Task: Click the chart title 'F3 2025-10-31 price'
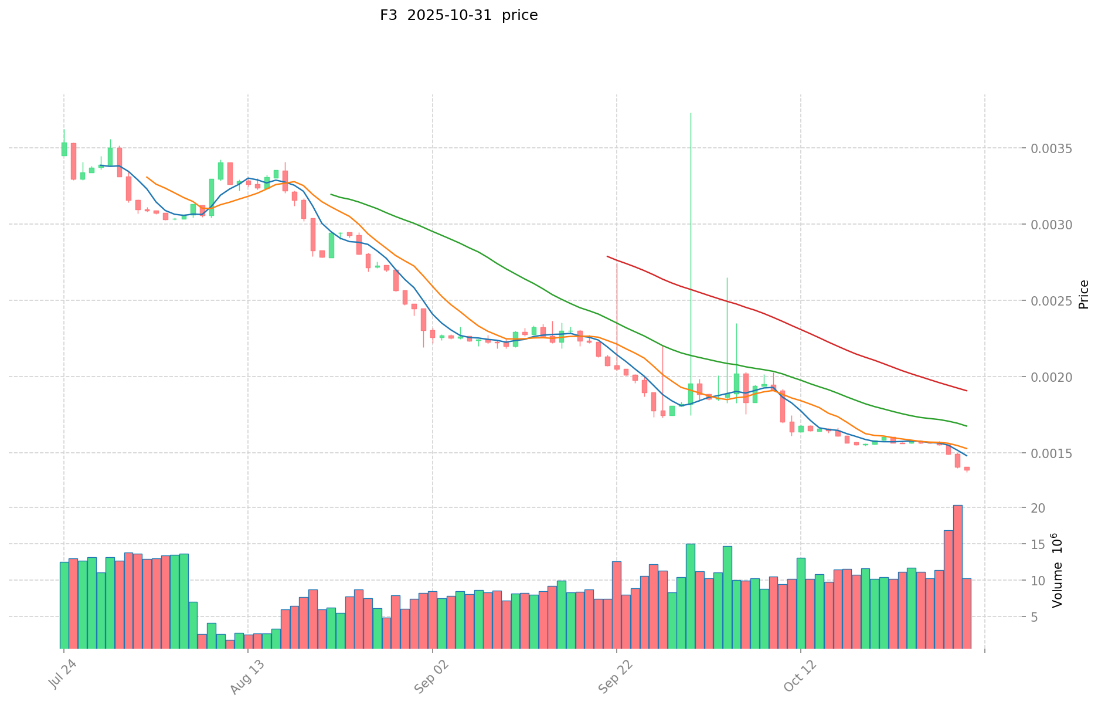coord(458,15)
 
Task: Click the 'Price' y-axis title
coord(1083,294)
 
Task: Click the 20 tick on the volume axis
coord(1038,508)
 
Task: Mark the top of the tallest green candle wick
coord(691,113)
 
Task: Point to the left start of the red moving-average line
coord(607,256)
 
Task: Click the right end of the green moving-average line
coord(967,426)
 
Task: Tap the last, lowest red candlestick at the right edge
coord(967,469)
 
